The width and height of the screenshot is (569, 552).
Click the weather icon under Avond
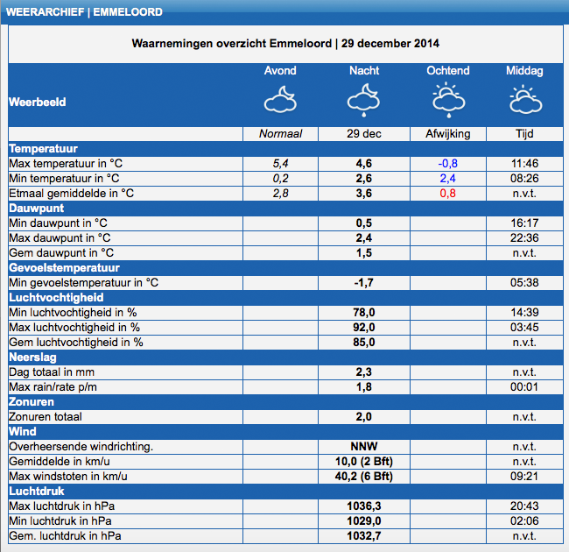pos(280,99)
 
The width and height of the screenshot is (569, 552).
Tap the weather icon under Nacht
pos(363,100)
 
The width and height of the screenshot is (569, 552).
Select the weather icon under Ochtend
pos(448,100)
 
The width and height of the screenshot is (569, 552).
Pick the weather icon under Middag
pos(525,99)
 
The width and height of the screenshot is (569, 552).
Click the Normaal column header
pos(280,134)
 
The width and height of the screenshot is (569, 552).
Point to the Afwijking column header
pos(448,134)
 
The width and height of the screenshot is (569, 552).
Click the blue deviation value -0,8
pos(448,164)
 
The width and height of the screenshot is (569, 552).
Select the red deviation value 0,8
pos(448,194)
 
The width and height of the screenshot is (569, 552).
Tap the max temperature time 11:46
pos(524,164)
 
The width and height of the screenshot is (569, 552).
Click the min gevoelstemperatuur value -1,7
pos(363,283)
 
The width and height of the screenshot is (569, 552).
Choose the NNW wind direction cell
pos(363,446)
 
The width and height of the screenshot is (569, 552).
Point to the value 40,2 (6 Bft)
pos(363,476)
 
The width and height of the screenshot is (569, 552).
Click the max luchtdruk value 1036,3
pos(363,506)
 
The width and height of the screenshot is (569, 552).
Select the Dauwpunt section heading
pos(37,208)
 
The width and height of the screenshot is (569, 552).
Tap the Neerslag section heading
pos(32,357)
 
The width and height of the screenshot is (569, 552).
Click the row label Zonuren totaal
pos(46,416)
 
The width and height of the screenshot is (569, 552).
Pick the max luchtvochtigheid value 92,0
pos(363,327)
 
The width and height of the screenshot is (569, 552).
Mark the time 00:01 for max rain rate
pos(524,386)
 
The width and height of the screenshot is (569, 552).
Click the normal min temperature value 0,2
pos(280,179)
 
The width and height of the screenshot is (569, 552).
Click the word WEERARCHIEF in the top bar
pos(45,12)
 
